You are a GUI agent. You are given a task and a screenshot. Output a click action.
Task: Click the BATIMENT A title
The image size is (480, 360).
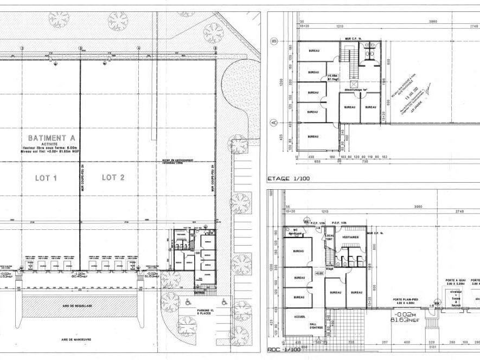point(53,138)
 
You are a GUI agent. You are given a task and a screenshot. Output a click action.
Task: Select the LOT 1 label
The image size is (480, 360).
point(47,177)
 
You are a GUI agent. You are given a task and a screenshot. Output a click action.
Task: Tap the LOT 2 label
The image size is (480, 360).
point(113,177)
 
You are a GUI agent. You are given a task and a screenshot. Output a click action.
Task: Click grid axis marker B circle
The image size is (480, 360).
point(274,41)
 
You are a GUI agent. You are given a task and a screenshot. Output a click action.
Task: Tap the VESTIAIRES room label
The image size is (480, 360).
point(347,236)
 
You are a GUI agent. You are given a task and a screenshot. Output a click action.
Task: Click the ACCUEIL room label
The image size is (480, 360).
point(300,316)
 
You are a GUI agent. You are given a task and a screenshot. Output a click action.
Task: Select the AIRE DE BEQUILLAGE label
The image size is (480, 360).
point(77,306)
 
